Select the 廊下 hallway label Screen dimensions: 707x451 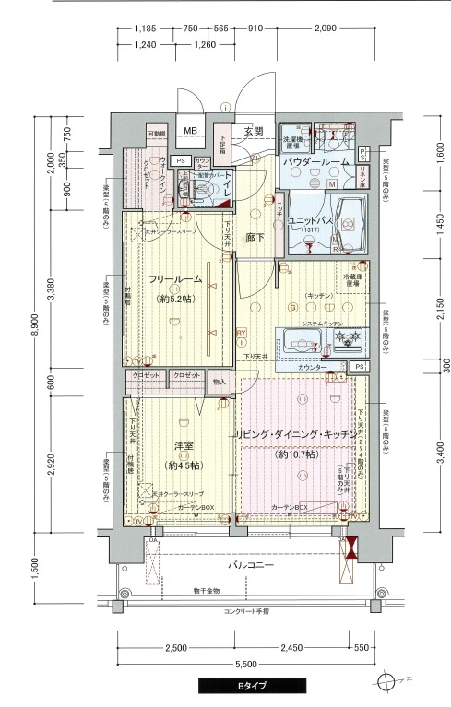255,237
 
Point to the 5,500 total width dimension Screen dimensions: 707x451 245,664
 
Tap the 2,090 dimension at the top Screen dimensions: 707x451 324,29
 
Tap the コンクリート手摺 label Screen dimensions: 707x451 244,612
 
